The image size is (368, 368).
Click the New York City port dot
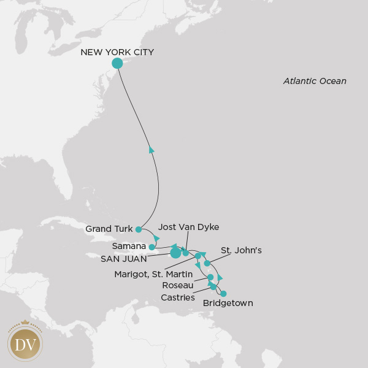[x=117, y=63]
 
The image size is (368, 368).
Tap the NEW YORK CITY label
[x=117, y=52]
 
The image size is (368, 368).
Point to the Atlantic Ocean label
[x=315, y=81]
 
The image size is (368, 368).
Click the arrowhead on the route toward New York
[x=151, y=149]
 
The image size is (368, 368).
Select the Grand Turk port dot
[x=139, y=229]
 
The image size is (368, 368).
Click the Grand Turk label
[x=109, y=229]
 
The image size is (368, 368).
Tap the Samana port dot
[x=151, y=247]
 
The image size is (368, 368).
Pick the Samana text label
[x=129, y=247]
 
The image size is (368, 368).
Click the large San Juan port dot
[x=175, y=252]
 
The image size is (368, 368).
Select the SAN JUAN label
[x=124, y=259]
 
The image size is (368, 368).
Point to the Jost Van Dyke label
[x=188, y=227]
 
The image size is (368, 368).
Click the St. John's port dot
[x=207, y=263]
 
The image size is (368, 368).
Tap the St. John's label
[x=241, y=250]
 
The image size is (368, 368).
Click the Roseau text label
[x=178, y=285]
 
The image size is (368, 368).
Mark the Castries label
[x=178, y=297]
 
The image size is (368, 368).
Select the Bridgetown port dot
[x=223, y=294]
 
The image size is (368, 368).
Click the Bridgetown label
[x=228, y=303]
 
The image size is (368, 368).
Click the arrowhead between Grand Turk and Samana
[x=157, y=238]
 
